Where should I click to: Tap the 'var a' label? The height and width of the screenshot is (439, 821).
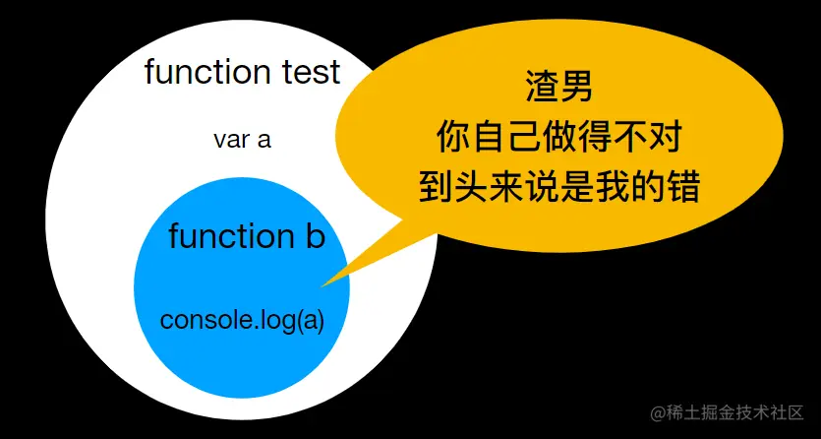pos(242,140)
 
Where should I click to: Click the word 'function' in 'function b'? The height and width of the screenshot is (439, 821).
pos(225,236)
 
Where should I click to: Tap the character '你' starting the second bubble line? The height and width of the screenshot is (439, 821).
pos(454,138)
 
